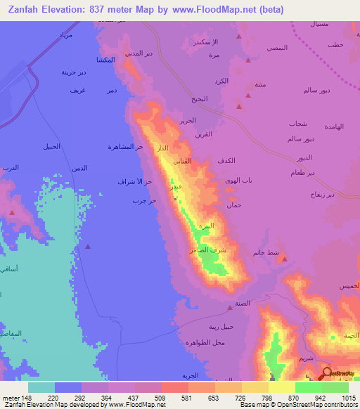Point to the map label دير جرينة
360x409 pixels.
(x=73, y=72)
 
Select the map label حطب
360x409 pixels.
(x=334, y=46)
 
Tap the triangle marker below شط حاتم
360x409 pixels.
(x=283, y=259)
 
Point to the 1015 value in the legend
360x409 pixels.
(x=349, y=397)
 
